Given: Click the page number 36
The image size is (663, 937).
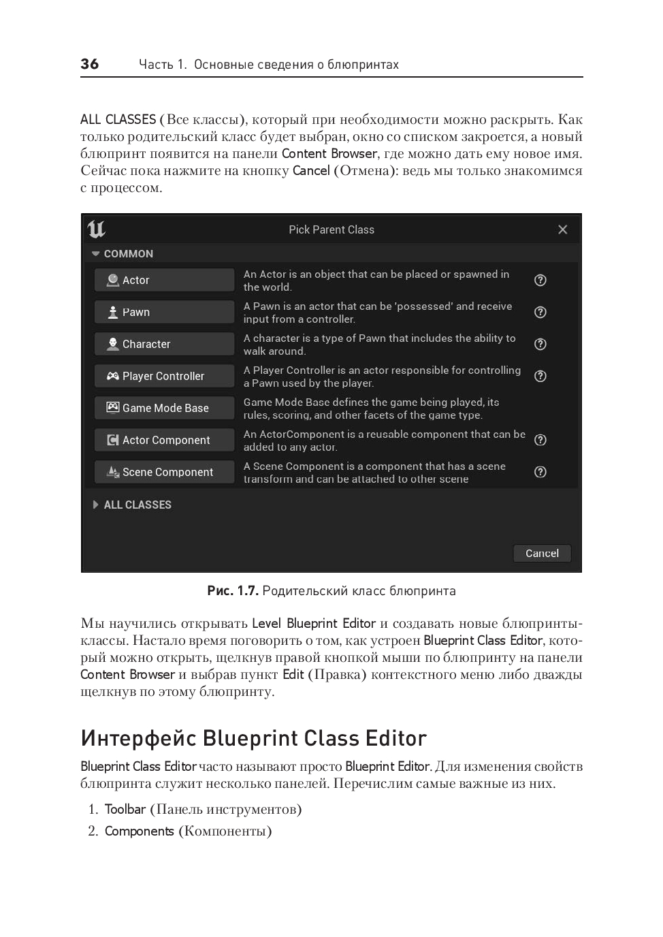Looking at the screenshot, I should coord(89,64).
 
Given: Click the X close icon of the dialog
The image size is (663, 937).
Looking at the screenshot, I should coord(562,229).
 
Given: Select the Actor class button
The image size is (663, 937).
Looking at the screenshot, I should coord(164,280).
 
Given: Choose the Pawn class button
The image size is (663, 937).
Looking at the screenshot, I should coord(164,312).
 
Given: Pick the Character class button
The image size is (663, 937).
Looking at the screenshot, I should coord(164,344).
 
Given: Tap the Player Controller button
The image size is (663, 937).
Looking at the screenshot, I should coord(164,376).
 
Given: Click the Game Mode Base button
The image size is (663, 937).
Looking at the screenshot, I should coord(164,408).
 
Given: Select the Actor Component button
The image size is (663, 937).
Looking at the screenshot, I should coord(164,440).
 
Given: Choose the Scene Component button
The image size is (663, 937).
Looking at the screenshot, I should coord(164,472).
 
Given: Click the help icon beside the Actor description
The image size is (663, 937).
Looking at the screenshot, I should coord(540,280).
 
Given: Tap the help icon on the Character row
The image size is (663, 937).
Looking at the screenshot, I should coord(540,344).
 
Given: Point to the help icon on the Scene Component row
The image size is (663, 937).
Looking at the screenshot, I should coord(540,472).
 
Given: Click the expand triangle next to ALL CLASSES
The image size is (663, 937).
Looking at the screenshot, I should coord(95,505).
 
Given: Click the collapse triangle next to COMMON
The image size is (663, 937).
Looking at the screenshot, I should coord(96,254).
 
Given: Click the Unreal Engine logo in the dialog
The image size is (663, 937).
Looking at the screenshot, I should coord(97,229).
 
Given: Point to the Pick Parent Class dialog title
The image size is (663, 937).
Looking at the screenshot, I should coord(331,229).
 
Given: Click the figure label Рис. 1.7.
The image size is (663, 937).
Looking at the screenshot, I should coord(233,591).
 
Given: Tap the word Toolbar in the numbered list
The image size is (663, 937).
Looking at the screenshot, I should coord(125,809).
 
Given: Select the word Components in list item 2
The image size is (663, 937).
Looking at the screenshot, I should coord(140,831).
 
